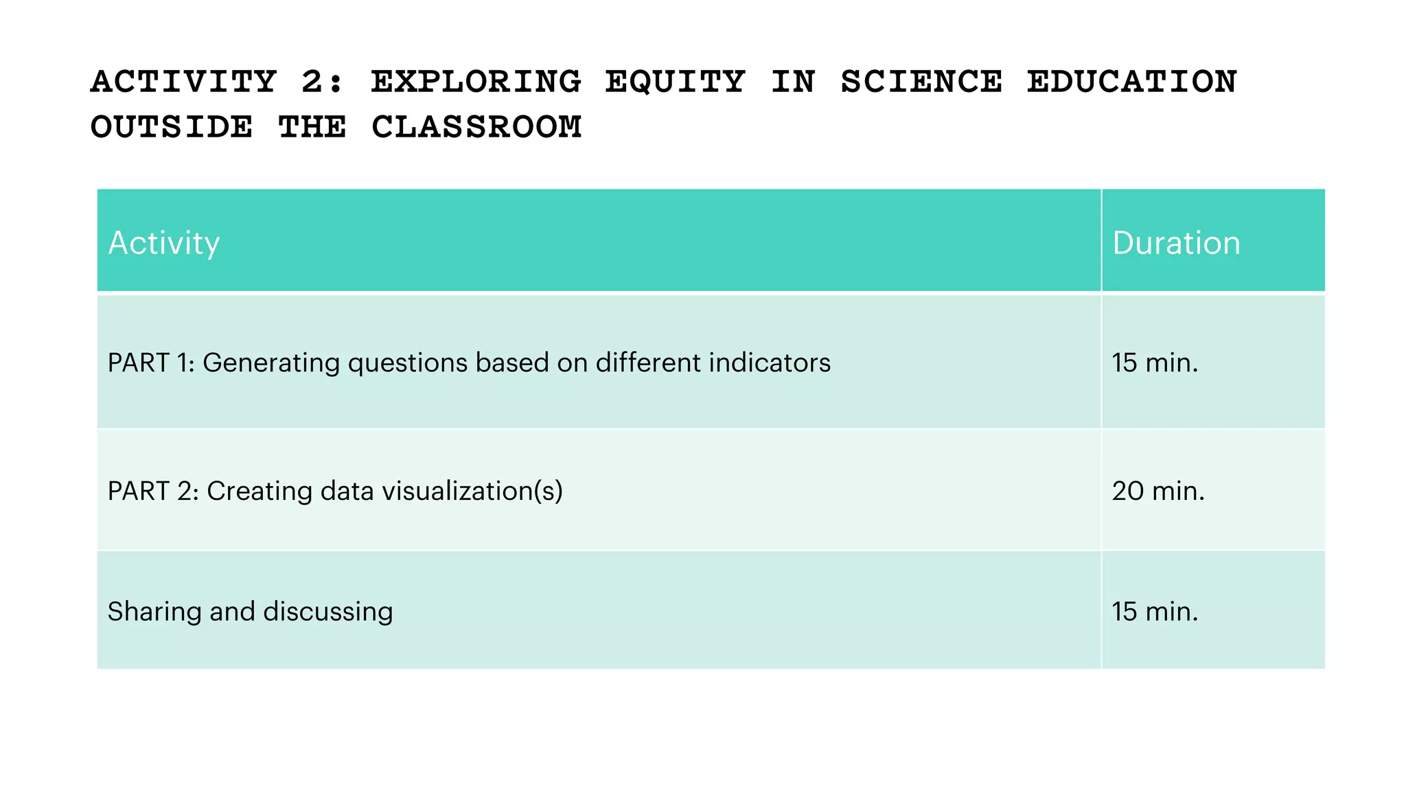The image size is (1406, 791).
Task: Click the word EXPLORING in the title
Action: pos(476,82)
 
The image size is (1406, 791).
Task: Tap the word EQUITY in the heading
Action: pos(675,82)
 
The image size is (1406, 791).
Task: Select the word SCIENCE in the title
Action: pos(921,82)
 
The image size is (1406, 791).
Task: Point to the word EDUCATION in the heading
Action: pos(1132,82)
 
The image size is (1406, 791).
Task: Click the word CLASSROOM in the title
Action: pos(476,127)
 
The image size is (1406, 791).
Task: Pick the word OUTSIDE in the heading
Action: pos(172,127)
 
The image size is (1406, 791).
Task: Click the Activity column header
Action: pos(164,243)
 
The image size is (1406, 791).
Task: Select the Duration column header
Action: pos(1176,243)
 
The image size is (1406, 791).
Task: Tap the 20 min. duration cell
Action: pos(1158,491)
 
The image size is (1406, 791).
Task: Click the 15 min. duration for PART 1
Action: pos(1155,363)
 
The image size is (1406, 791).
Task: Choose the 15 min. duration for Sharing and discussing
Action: pos(1155,611)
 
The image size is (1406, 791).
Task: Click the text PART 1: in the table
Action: pos(151,363)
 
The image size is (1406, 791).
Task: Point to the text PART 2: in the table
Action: pos(153,491)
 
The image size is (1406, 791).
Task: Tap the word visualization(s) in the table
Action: pos(472,491)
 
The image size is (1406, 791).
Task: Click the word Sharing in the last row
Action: pos(154,611)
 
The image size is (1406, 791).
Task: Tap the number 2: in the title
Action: pos(321,82)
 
